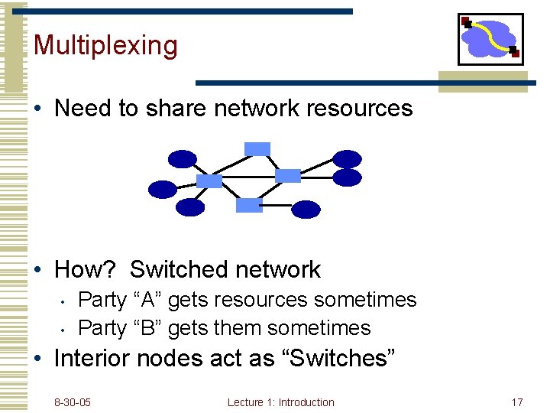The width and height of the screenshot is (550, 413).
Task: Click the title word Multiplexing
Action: click(105, 46)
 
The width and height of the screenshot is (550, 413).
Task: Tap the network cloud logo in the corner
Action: click(490, 39)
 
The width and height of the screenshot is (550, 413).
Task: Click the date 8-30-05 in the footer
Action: click(73, 402)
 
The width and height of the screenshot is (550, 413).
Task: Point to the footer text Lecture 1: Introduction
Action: click(280, 402)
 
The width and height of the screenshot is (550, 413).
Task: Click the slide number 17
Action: click(516, 402)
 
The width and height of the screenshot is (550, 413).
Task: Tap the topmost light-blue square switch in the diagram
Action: click(257, 148)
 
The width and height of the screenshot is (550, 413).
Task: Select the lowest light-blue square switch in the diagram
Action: click(249, 205)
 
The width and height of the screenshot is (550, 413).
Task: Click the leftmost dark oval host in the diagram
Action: click(163, 189)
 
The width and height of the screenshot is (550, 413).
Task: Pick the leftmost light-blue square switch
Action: click(209, 181)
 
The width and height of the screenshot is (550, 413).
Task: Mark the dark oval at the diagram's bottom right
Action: click(306, 209)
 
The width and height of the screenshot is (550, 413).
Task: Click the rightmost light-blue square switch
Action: click(288, 176)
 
